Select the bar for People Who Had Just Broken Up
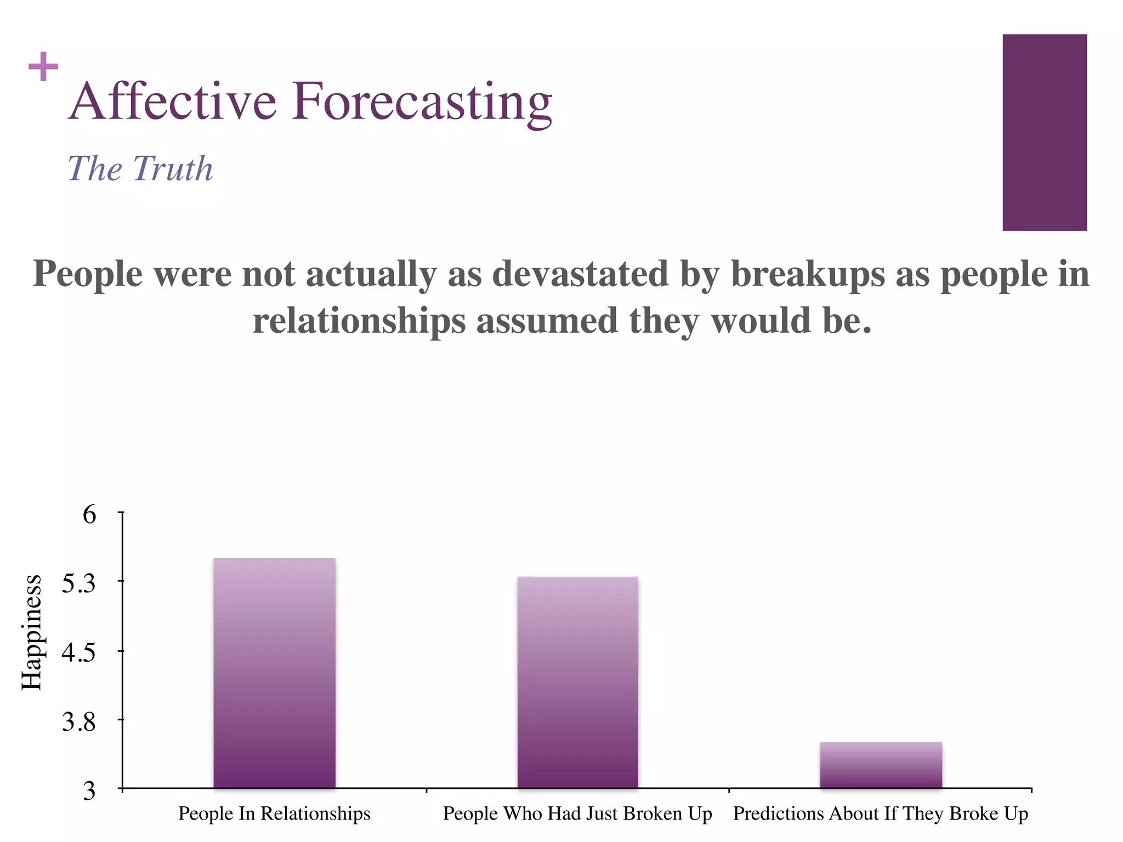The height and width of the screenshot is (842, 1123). click(577, 682)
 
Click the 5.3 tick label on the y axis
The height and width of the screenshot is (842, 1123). click(78, 583)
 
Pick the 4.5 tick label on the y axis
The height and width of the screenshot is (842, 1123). click(78, 653)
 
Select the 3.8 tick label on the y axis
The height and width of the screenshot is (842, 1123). click(78, 722)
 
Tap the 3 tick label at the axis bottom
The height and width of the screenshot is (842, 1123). click(89, 791)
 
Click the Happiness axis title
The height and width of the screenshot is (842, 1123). click(32, 632)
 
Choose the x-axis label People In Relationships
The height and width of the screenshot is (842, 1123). click(274, 813)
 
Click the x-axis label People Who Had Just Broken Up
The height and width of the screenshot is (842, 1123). click(577, 813)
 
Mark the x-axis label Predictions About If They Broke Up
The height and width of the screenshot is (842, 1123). click(881, 813)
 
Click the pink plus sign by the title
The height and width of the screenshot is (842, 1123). click(43, 67)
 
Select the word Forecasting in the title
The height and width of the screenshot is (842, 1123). click(421, 102)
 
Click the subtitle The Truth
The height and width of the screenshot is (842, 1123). click(140, 168)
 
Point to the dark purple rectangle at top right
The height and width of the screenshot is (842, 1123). click(1045, 132)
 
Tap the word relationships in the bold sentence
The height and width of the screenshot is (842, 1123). click(359, 321)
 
